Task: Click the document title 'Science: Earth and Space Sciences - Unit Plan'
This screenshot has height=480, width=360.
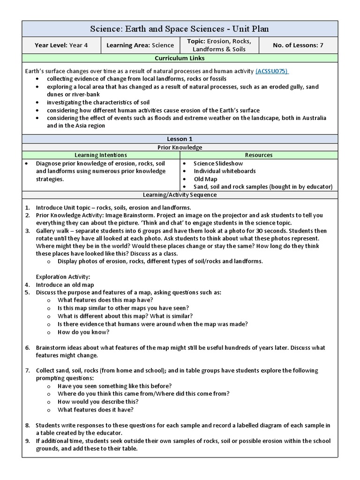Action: [x=180, y=29]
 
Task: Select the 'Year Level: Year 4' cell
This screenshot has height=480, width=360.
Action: [x=61, y=45]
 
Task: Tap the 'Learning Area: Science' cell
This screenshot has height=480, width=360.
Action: [x=140, y=45]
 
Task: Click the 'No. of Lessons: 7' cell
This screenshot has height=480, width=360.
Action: [x=298, y=45]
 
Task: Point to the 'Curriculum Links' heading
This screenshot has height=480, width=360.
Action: [x=180, y=58]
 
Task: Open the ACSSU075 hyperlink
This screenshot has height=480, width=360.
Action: [x=272, y=71]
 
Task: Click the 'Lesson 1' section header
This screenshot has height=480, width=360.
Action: [x=180, y=139]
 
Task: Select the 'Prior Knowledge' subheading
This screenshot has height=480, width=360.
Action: [x=180, y=147]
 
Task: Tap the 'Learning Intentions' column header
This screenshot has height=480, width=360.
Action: [x=101, y=155]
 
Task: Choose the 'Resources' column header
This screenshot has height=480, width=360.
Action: [x=258, y=155]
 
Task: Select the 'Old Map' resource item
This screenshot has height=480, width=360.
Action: [x=205, y=179]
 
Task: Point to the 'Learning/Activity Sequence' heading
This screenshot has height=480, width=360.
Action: [x=180, y=194]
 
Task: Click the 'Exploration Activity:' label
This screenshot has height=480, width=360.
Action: [x=63, y=277]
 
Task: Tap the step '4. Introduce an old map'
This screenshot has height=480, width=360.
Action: [x=65, y=285]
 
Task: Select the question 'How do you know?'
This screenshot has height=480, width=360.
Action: [x=83, y=332]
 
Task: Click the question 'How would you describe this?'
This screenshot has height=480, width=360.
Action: [x=98, y=402]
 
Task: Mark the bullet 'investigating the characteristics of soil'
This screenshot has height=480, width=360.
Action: [x=98, y=102]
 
